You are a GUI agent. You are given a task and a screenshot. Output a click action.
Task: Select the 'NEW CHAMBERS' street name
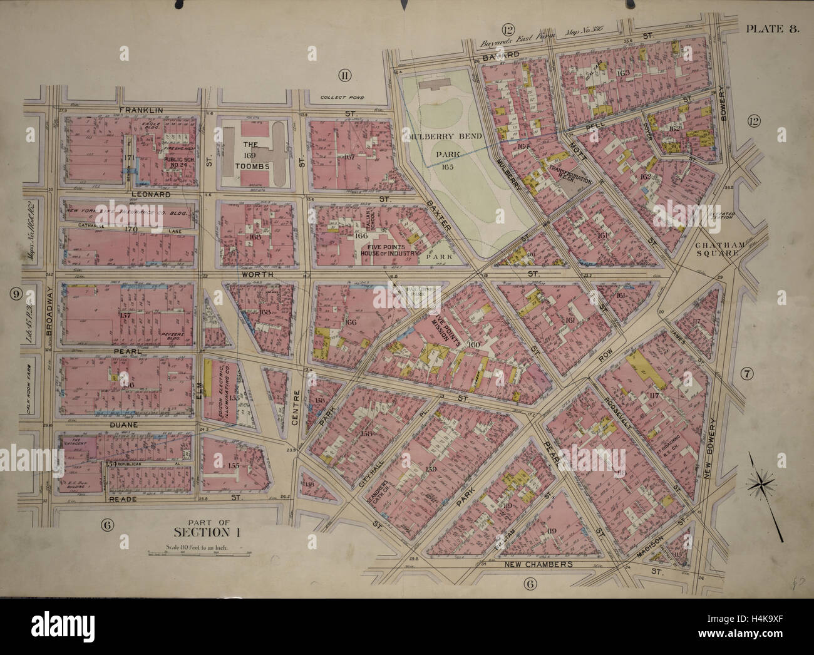click(538, 564)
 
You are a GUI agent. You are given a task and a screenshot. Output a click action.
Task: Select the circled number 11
click(343, 76)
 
